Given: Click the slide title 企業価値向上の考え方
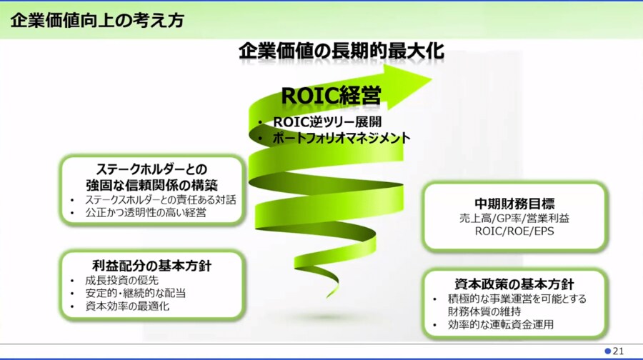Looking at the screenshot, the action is click(97, 21).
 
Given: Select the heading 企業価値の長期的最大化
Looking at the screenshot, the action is click(342, 51).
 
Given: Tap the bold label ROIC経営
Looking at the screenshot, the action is click(331, 96).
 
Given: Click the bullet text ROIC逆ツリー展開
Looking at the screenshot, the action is click(327, 121).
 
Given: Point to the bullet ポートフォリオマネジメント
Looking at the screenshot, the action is click(342, 138).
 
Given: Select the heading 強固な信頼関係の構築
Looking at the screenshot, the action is click(151, 185).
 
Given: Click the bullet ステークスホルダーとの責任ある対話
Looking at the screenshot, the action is click(161, 200).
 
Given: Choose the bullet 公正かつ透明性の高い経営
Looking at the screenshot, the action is click(146, 212).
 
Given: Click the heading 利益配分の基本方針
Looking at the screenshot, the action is click(151, 266).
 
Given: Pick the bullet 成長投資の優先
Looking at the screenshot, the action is click(121, 281).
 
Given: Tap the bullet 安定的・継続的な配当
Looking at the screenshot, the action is click(135, 293).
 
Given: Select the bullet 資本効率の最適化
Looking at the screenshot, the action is click(127, 306).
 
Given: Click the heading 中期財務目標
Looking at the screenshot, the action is click(514, 204).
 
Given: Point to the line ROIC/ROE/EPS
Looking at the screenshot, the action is click(514, 231).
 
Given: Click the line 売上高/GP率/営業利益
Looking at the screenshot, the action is click(514, 218).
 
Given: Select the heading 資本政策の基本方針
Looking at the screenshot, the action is click(514, 284).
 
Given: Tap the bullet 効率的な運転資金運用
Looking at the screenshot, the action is click(501, 324).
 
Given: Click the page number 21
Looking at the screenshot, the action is click(618, 351).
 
